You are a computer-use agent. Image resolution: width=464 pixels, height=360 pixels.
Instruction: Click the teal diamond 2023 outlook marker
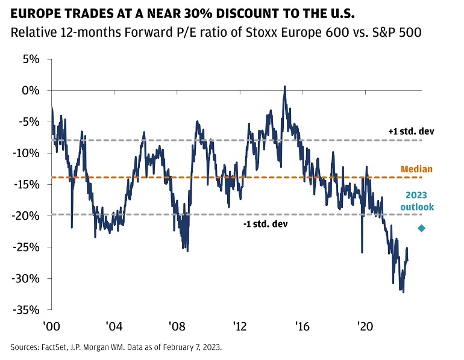[x=421, y=228]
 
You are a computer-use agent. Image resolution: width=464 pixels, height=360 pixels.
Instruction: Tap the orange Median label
[x=417, y=169]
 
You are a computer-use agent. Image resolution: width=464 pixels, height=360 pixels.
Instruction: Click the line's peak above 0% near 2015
[x=284, y=87]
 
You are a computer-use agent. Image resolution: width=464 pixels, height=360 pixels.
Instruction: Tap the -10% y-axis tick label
[x=27, y=153]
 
